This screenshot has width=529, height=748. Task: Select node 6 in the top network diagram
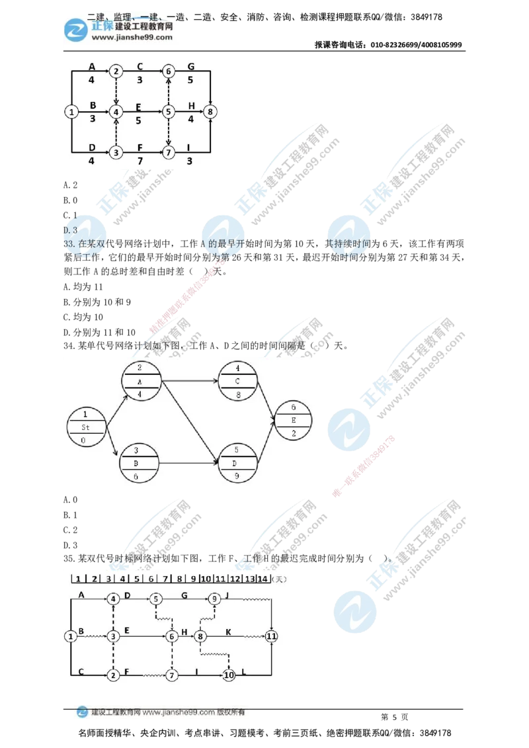169,71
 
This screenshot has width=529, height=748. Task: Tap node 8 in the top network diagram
210,112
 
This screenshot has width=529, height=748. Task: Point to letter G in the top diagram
191,65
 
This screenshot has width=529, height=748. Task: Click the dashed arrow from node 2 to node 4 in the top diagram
116,91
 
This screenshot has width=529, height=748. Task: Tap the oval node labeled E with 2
294,421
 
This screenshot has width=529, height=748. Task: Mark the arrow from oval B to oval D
189,462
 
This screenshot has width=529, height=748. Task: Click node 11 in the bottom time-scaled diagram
272,636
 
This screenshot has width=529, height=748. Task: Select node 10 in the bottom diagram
229,675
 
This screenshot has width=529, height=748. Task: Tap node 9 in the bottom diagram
214,599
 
